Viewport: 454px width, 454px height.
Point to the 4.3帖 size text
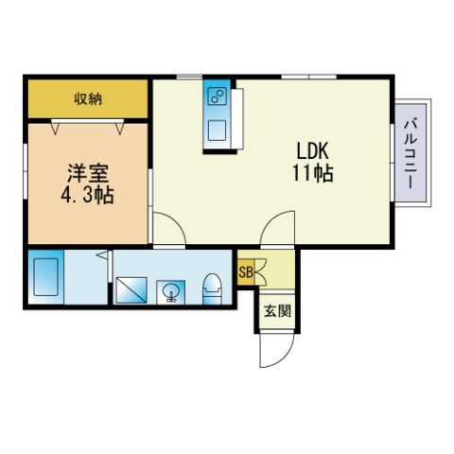(x=88, y=198)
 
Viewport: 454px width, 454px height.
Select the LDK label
(x=312, y=152)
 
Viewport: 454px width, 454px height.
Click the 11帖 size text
(x=312, y=175)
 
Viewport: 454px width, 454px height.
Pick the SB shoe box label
(x=245, y=273)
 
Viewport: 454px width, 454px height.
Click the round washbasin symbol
(x=171, y=289)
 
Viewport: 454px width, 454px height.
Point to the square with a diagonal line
(x=130, y=289)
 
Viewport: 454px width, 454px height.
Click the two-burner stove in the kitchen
(x=217, y=96)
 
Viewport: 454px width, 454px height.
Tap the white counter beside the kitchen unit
(x=234, y=119)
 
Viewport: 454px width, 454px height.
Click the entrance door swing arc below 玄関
(x=272, y=351)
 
